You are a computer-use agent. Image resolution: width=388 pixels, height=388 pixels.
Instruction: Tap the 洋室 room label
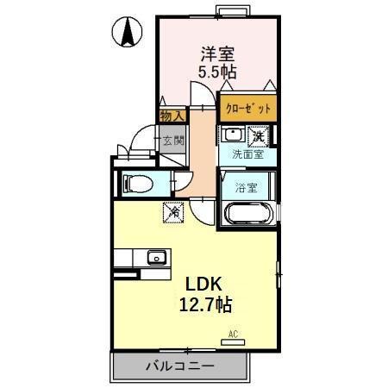218,53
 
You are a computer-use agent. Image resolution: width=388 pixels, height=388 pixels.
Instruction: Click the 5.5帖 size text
217,72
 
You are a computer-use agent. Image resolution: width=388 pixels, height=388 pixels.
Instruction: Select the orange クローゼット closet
248,109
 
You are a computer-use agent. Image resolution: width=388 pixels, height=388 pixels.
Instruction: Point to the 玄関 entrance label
172,141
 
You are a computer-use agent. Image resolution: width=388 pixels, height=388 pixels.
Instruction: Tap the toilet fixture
138,183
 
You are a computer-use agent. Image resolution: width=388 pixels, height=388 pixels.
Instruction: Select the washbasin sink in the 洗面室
232,135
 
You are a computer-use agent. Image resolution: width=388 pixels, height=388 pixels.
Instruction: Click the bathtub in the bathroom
248,215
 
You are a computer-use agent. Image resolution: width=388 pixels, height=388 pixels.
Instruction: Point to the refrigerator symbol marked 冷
172,210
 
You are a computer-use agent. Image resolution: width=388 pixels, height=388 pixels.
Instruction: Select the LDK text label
204,284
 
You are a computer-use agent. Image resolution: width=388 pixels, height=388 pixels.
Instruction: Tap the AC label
233,333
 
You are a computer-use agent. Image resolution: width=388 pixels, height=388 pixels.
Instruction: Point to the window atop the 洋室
230,10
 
